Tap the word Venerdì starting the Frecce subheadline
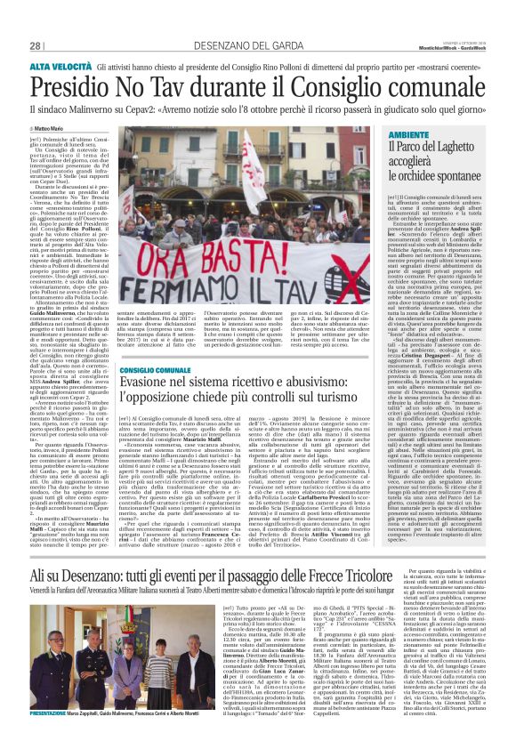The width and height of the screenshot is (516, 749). (42, 518)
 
